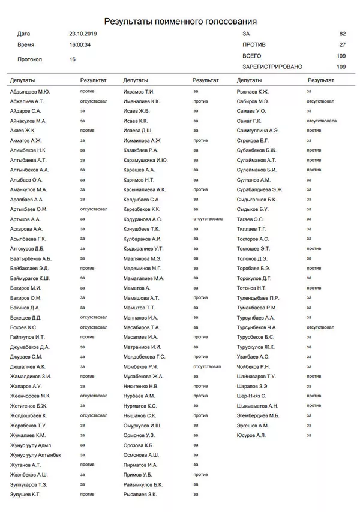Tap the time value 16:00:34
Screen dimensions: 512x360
(80, 44)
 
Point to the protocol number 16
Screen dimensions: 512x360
(73, 59)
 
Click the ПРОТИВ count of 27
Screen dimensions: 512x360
(343, 45)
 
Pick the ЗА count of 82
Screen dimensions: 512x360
(343, 34)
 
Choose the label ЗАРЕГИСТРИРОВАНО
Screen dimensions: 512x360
(272, 67)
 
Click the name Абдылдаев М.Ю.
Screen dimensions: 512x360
(30, 92)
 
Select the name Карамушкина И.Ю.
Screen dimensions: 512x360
(145, 160)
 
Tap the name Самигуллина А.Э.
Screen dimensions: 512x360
(258, 130)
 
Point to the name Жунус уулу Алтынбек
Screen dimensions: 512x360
(35, 455)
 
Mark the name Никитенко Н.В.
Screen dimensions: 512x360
(141, 386)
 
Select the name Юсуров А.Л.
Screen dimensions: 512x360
(251, 435)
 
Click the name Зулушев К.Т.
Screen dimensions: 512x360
(26, 494)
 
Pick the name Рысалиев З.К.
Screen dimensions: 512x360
(140, 494)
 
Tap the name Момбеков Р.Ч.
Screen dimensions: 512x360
(140, 366)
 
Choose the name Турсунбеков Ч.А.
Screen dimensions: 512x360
(257, 327)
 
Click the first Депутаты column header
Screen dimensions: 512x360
(22, 80)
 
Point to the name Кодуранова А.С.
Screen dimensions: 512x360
(143, 219)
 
